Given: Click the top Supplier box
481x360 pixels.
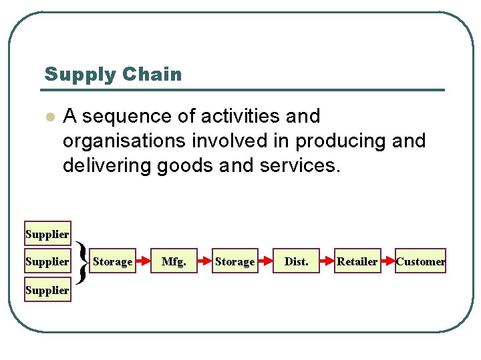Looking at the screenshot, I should coord(47,234).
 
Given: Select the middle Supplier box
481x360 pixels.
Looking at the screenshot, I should coord(47,261).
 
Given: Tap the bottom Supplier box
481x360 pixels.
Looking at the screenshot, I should coord(47,290).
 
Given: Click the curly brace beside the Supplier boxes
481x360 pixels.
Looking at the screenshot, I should coord(81,262).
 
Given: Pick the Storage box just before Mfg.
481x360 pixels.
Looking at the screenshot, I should coord(113,261).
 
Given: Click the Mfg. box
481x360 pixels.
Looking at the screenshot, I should coord(174,261).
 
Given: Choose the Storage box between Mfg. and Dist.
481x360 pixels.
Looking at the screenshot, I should coord(234,261).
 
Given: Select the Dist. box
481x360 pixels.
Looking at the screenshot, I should coord(296,261).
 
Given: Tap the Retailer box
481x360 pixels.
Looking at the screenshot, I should coord(357,261).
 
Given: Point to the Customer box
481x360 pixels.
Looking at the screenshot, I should coord(420,261).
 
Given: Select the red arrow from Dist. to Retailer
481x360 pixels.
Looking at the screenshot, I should coord(326,261).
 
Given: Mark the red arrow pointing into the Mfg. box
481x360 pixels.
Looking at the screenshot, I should coord(143,261).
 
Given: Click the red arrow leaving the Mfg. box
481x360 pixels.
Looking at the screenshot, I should coord(204,261).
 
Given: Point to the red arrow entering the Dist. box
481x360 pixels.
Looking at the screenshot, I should coord(265,261).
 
